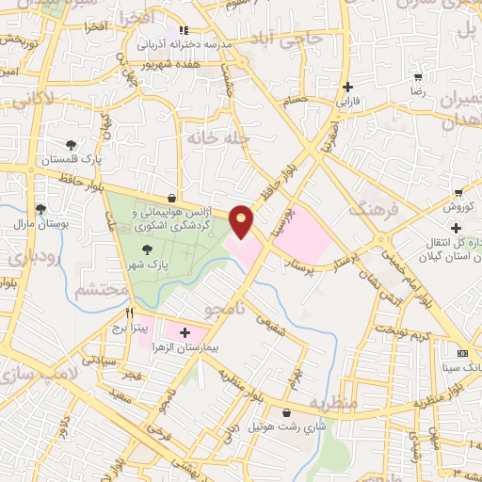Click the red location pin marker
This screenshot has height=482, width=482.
click(x=242, y=221)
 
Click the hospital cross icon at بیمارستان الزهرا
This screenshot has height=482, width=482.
click(x=185, y=332)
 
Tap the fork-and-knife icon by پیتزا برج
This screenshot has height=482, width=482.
click(x=130, y=313)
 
